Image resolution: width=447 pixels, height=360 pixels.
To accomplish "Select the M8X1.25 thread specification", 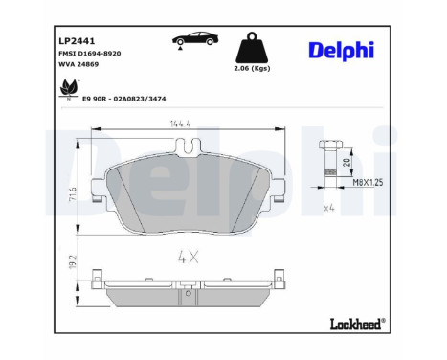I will (369, 180).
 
